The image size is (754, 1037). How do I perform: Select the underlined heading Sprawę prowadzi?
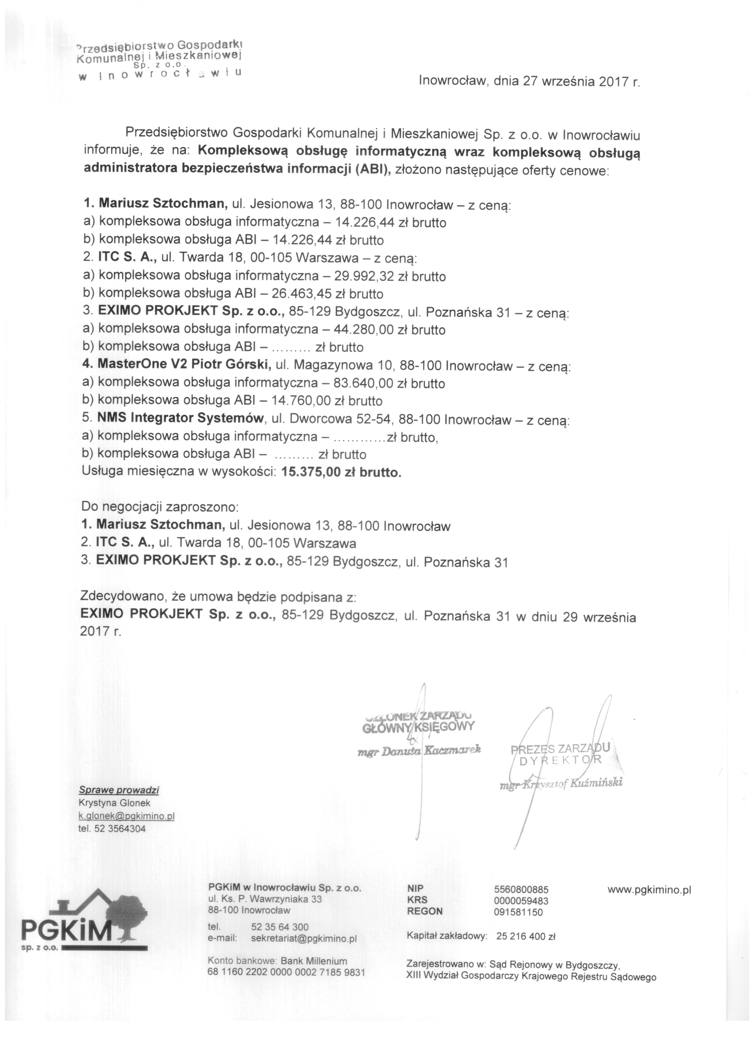(x=119, y=790)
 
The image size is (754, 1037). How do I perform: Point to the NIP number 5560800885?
(x=521, y=890)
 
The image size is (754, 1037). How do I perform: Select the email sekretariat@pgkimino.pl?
(x=304, y=939)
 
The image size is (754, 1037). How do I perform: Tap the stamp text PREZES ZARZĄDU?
(x=560, y=748)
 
